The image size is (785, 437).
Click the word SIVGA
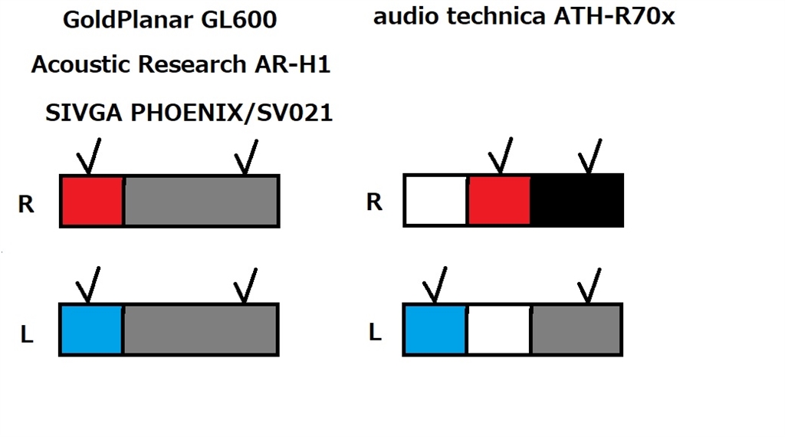coord(84,113)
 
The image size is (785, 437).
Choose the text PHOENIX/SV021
coord(231,113)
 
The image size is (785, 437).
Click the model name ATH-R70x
coord(614,17)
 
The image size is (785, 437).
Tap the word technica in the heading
coord(497,17)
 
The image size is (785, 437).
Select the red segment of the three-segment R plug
coord(499,200)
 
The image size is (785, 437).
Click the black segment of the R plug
coord(576,200)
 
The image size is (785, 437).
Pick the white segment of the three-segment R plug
coord(436,200)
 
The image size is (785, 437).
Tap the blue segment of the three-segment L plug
coord(435,329)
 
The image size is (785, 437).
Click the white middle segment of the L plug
coord(499,329)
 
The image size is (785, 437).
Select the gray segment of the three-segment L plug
coord(576,329)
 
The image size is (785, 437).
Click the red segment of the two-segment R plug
coord(92,201)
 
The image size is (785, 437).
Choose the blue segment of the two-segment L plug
coord(92,329)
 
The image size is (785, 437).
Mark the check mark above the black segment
coord(590,156)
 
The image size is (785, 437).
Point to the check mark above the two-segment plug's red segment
coord(89,157)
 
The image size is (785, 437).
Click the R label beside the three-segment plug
coord(374,202)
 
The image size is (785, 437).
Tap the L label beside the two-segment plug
coord(27,335)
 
